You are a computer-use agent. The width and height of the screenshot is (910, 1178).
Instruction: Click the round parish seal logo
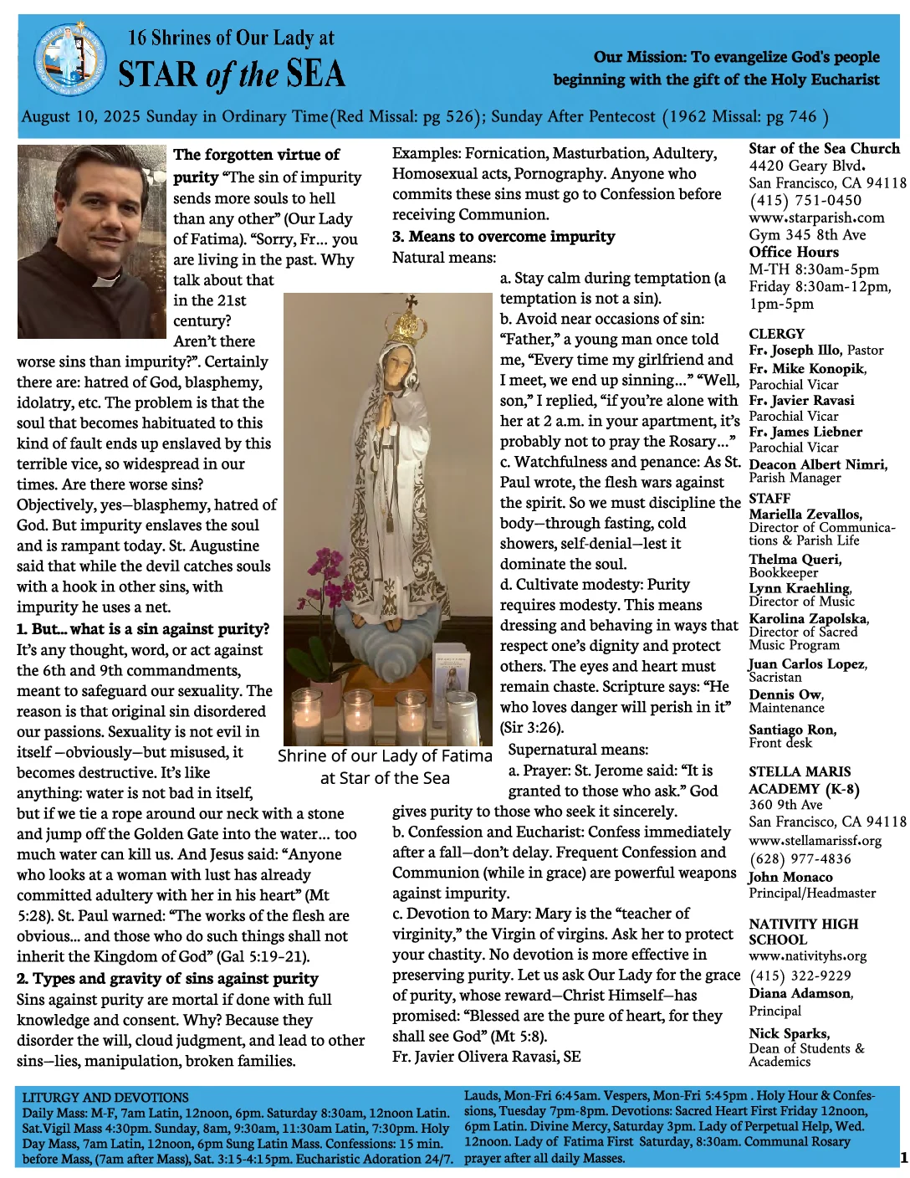pos(69,60)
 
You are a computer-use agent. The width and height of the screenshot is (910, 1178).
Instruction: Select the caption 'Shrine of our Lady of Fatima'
pos(385,756)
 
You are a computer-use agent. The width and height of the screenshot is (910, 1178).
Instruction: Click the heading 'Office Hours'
pos(794,252)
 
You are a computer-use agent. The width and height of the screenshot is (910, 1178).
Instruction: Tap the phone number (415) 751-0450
pos(793,200)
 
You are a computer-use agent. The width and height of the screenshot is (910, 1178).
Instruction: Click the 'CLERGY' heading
pos(776,333)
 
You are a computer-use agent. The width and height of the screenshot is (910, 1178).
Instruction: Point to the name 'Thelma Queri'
pos(795,559)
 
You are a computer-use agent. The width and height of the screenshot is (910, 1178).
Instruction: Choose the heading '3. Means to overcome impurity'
pos(504,237)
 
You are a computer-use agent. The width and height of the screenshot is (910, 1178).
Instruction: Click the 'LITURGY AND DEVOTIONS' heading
pos(105,1097)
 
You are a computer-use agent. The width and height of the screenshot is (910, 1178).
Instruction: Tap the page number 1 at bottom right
pos(903,1158)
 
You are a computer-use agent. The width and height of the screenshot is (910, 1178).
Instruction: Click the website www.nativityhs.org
pos(807,955)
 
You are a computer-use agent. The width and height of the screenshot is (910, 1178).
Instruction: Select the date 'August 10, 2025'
pos(81,116)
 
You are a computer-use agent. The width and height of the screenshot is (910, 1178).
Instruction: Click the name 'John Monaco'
pos(790,877)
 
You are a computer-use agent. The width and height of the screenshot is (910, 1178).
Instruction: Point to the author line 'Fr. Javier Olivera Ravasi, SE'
pos(486,1057)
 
